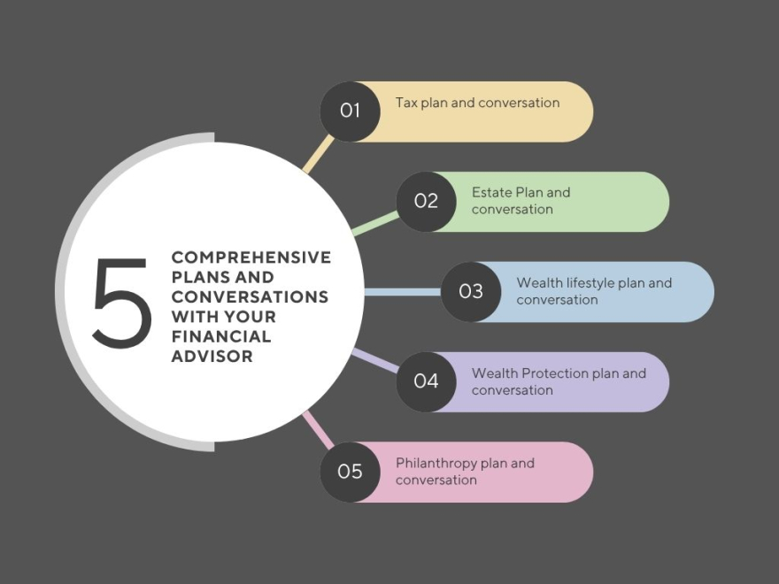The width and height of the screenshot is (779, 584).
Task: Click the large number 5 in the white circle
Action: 122,302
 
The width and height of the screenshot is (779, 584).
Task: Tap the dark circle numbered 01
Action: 351,111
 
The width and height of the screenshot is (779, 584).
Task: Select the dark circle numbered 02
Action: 426,201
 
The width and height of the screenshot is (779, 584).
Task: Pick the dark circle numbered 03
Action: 471,291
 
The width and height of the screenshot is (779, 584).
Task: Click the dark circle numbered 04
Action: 426,381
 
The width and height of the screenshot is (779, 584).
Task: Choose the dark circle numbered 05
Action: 351,472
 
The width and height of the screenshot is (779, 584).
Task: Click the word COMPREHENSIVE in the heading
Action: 251,257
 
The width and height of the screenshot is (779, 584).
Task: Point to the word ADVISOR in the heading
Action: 212,357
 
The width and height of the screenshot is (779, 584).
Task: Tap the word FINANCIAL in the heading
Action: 221,337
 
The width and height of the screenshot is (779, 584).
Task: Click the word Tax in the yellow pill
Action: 406,103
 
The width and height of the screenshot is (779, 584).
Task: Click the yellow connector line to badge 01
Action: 318,154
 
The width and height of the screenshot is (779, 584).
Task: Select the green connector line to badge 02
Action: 375,223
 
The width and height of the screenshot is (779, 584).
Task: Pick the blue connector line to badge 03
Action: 402,291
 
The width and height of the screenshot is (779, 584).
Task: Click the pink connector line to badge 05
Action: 318,428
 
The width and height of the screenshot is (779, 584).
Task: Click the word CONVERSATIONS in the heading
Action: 250,297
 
